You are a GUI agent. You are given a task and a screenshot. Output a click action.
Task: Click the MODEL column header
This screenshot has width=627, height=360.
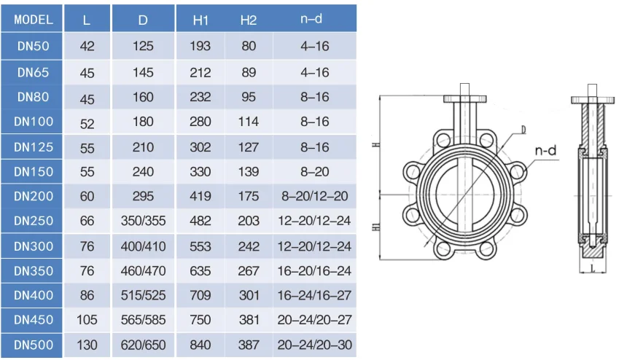point(34,20)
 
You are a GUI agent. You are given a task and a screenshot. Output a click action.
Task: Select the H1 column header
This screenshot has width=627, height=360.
point(200,20)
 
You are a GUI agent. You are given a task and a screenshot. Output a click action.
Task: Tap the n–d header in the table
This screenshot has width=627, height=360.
point(311,19)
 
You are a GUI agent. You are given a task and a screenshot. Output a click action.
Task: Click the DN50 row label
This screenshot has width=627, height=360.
point(34,46)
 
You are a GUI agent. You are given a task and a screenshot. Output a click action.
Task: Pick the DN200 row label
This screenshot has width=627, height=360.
point(34,196)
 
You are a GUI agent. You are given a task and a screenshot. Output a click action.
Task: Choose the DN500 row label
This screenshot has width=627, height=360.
point(34,345)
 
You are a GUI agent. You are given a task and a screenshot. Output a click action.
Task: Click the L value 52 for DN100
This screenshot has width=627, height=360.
point(87,124)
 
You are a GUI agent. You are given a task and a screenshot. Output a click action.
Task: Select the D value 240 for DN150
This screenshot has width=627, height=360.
point(143,172)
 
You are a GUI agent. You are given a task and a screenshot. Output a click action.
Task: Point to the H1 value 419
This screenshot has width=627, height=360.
point(200,196)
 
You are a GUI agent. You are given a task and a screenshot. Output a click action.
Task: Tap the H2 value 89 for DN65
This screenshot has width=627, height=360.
point(249,72)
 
